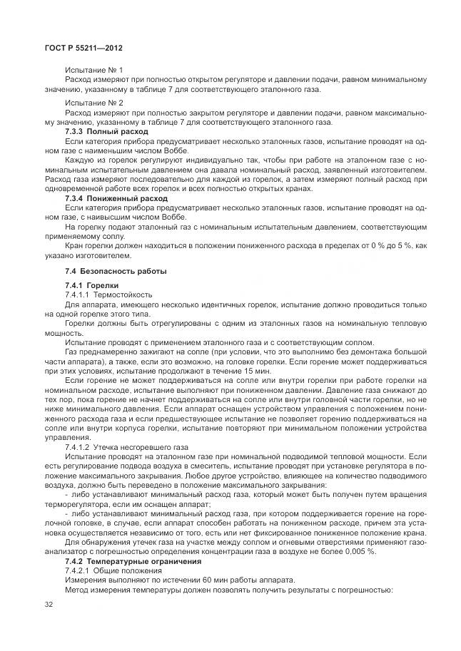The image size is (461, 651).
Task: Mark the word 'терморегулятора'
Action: pos(76,503)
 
